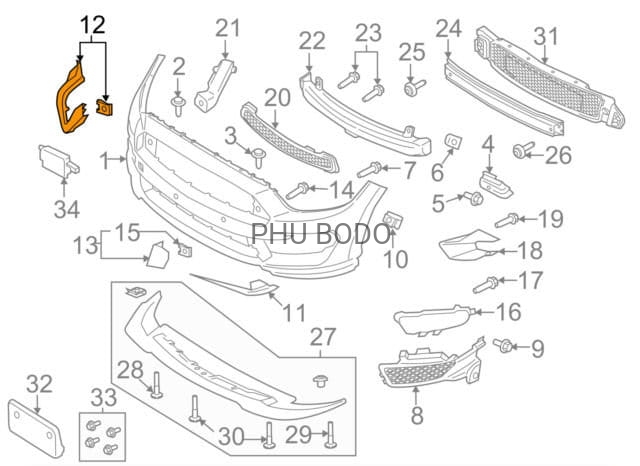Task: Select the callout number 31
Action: [x=545, y=38]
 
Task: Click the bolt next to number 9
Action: [x=505, y=346]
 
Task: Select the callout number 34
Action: [x=66, y=208]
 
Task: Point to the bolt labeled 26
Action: [x=521, y=150]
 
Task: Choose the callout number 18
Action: [x=529, y=251]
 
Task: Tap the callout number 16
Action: [x=508, y=313]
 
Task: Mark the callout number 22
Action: [x=312, y=41]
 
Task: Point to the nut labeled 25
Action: [x=410, y=89]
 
